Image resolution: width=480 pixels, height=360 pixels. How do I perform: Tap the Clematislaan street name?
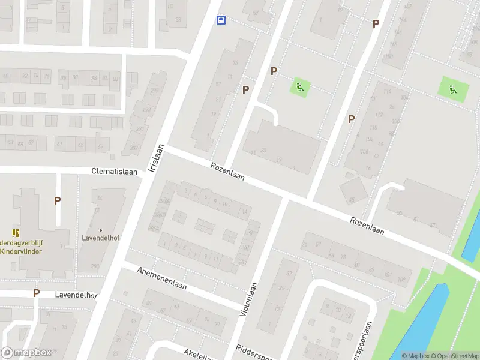tap(115, 171)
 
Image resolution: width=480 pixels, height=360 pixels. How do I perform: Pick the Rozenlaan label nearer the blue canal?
tap(367, 226)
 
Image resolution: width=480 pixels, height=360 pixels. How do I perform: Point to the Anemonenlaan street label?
tap(162, 278)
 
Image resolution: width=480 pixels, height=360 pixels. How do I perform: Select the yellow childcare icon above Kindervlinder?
tap(15, 232)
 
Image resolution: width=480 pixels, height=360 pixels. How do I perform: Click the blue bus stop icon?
tap(221, 20)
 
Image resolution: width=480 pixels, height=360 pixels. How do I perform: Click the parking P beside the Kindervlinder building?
tap(57, 200)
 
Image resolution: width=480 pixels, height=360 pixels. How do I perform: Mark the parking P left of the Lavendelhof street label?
tap(36, 293)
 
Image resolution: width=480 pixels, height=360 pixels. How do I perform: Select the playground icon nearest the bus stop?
tap(299, 87)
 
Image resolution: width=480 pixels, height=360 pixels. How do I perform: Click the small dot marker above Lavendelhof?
tap(101, 230)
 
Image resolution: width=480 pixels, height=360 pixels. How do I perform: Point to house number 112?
tap(378, 115)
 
